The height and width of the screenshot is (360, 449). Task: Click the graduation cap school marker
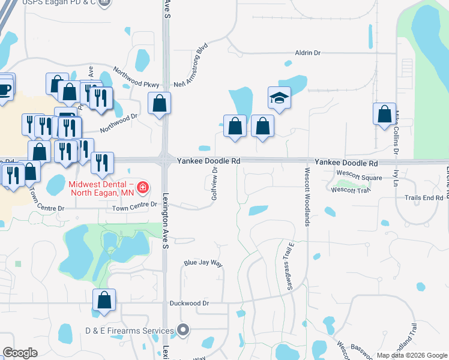tap(279, 97)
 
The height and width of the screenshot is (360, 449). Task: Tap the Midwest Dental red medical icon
tap(143, 188)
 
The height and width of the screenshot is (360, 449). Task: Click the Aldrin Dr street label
tap(307, 53)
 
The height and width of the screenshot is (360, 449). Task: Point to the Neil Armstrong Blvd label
tap(191, 66)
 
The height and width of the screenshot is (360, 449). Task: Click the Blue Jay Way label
tap(203, 263)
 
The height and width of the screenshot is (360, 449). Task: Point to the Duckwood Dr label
tap(188, 303)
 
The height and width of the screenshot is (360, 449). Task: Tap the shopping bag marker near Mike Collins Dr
tap(384, 113)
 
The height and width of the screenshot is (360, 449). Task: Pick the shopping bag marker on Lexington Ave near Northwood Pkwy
tap(160, 103)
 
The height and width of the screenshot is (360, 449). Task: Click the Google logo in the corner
tap(20, 353)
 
